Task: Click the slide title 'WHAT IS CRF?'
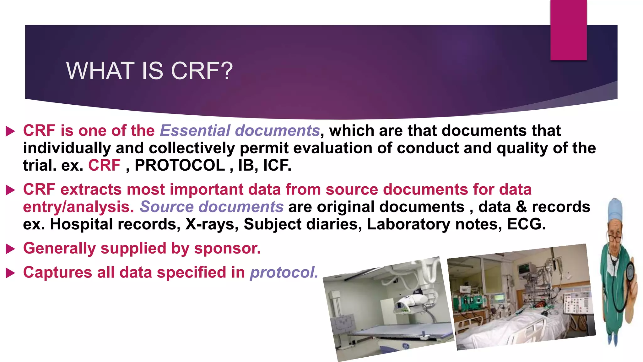pos(149,71)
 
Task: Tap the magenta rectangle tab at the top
pos(568,30)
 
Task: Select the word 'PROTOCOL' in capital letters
pos(180,165)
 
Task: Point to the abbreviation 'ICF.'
pos(277,165)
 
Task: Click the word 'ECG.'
pos(527,224)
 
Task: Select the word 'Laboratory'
pos(408,224)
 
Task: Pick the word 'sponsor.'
pos(227,248)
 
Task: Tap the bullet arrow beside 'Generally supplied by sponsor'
pos(10,249)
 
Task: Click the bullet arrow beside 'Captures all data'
pos(10,273)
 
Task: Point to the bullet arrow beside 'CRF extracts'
pos(10,190)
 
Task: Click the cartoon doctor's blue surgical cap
pos(615,209)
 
